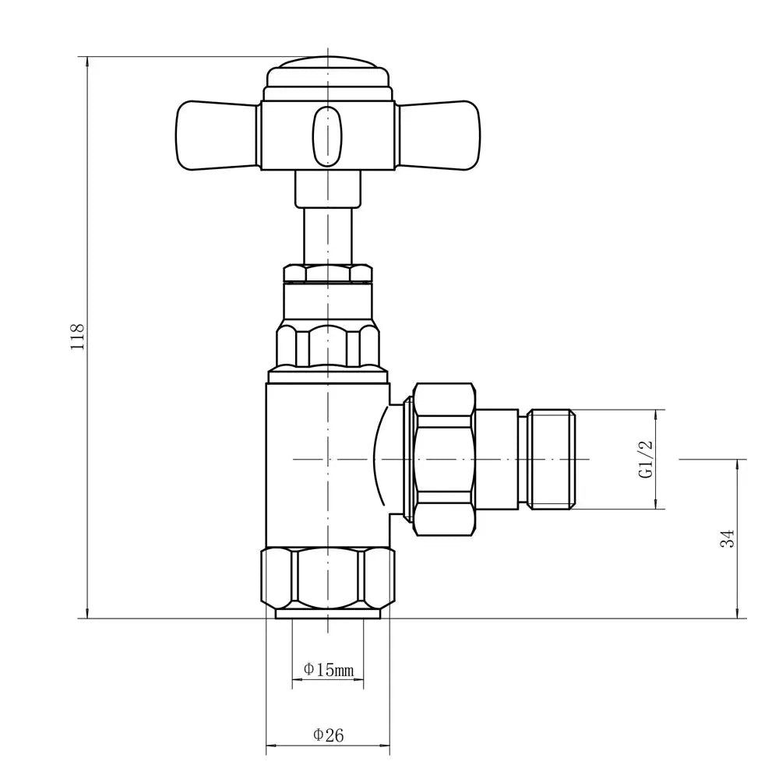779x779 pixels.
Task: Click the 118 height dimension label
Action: [77, 336]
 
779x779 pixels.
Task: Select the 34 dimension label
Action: [728, 538]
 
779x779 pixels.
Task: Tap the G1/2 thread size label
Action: [645, 460]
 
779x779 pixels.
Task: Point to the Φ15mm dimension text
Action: [328, 669]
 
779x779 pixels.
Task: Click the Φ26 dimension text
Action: [328, 734]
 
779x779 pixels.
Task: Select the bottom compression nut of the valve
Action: [327, 579]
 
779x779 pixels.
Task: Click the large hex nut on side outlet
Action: [444, 460]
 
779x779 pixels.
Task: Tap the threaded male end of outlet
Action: [552, 460]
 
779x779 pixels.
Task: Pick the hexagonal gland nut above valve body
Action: [328, 344]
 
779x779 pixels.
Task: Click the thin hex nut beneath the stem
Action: [327, 273]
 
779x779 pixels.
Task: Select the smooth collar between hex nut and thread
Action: [497, 460]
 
